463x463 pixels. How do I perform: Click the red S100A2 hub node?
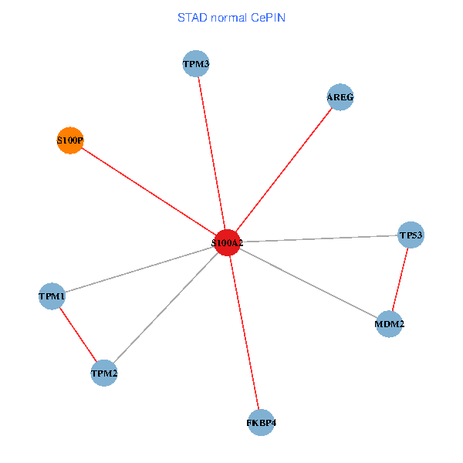click(x=227, y=243)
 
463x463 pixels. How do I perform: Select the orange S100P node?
click(x=70, y=140)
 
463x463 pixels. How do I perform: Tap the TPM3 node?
click(x=196, y=63)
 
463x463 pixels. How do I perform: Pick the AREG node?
click(x=340, y=97)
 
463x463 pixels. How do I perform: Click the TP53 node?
click(x=411, y=234)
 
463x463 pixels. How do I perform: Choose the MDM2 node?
click(x=389, y=324)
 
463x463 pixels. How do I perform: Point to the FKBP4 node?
click(x=262, y=423)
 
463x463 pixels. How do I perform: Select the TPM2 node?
click(x=104, y=373)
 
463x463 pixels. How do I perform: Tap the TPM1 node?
click(x=52, y=296)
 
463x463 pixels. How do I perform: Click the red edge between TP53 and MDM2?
click(x=400, y=279)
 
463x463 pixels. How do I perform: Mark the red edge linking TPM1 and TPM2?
click(x=78, y=334)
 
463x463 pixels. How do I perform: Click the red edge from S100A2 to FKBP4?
click(x=245, y=333)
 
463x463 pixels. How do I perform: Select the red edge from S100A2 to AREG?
click(x=283, y=170)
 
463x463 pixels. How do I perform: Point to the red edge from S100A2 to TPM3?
click(x=211, y=153)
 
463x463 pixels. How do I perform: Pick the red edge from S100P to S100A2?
click(x=148, y=191)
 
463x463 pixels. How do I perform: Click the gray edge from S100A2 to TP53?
click(x=319, y=238)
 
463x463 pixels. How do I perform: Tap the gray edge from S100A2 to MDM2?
click(x=308, y=283)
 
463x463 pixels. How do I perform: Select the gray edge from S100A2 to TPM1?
click(x=140, y=269)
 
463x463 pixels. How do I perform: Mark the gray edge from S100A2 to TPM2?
click(x=165, y=309)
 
